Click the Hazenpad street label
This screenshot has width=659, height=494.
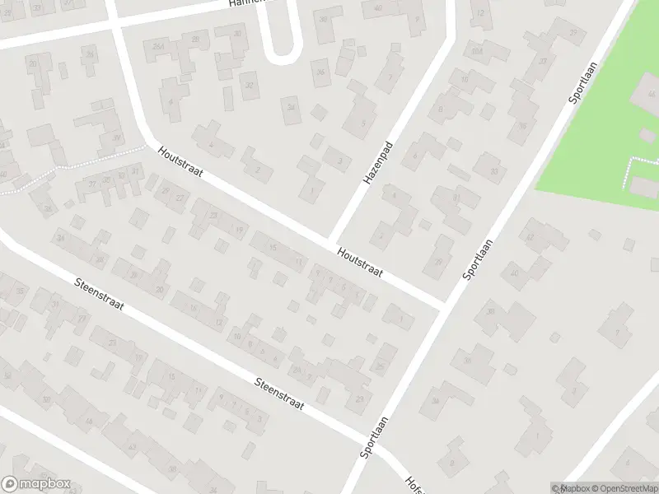click(376, 161)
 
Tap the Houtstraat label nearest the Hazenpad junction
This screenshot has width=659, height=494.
click(359, 263)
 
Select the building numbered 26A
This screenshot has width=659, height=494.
click(158, 47)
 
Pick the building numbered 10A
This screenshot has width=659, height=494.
click(475, 51)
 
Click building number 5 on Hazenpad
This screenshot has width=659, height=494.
click(362, 123)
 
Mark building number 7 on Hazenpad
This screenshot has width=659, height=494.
click(389, 78)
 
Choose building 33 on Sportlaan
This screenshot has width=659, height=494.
click(494, 171)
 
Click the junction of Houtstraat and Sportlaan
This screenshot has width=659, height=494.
click(446, 305)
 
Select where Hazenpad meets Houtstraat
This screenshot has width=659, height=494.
click(333, 240)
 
